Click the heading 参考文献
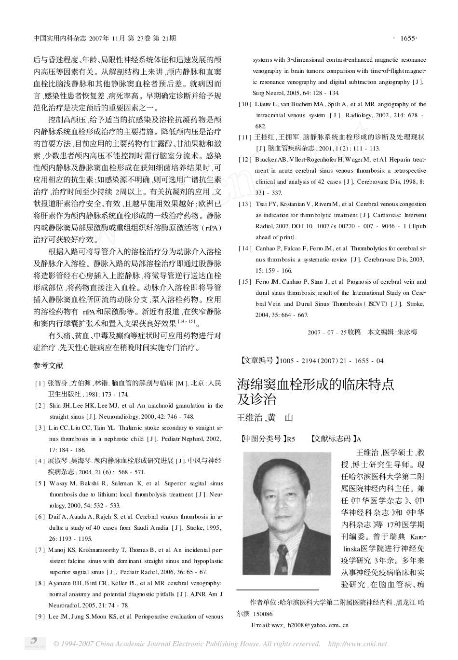(48, 366)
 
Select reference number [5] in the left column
(40, 483)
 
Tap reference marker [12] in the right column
(245, 159)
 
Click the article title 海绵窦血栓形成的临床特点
(315, 385)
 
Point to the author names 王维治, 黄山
(265, 418)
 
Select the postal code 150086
(262, 614)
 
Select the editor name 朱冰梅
(407, 332)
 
